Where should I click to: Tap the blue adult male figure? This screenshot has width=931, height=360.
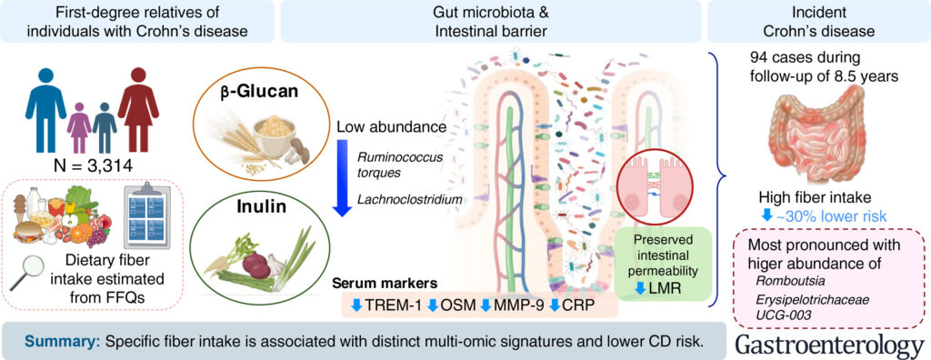point(45,109)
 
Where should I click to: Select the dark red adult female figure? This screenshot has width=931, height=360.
point(138,109)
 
